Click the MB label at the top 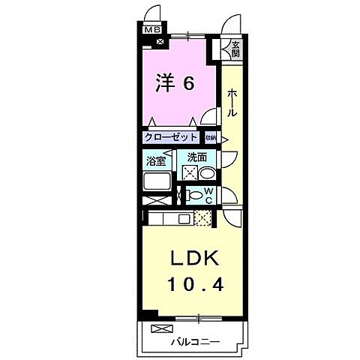[151, 29]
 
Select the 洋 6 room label [175, 82]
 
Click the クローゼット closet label [172, 138]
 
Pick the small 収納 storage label [211, 138]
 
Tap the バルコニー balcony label [193, 341]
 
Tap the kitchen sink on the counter [183, 218]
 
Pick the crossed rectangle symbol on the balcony [161, 328]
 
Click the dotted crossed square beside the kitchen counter [202, 218]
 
